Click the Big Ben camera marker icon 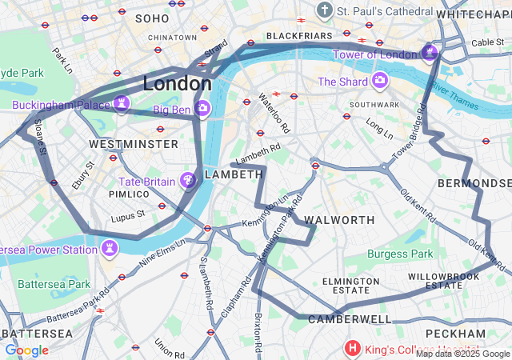[x=202, y=108]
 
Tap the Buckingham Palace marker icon [x=121, y=104]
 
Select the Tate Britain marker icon [x=188, y=182]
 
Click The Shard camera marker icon [x=379, y=81]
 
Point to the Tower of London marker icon [x=430, y=54]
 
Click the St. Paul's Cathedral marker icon [x=324, y=10]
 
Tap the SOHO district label [x=152, y=18]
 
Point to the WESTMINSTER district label [x=134, y=144]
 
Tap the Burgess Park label [x=399, y=254]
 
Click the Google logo [x=26, y=350]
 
